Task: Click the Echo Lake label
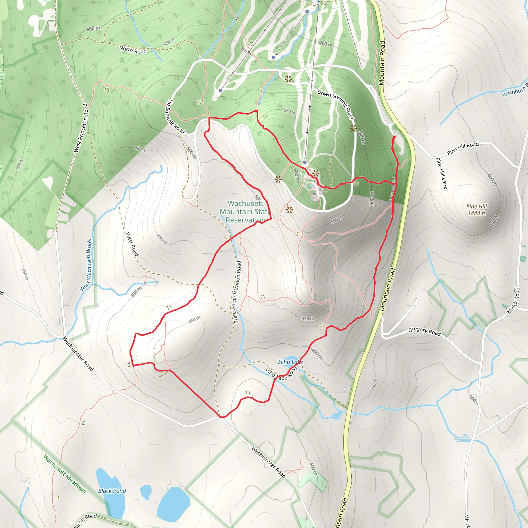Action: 290,362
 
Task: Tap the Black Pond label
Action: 112,491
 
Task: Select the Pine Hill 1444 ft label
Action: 477,210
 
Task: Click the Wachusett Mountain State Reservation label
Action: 245,211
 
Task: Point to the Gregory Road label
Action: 424,331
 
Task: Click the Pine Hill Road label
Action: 463,148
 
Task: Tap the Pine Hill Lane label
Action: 442,173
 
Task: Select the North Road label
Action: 133,50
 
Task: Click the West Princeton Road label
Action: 81,128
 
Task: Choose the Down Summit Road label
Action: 336,104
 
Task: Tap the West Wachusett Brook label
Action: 86,265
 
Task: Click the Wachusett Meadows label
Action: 64,474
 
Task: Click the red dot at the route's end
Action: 394,137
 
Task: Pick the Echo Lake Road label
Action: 281,374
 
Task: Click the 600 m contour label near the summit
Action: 296,175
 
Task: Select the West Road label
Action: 132,244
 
